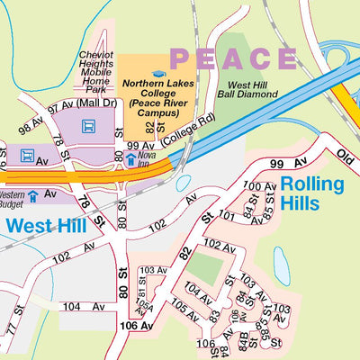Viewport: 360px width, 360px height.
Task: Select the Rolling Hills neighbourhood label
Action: (311, 193)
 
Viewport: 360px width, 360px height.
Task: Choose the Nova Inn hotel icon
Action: (130, 160)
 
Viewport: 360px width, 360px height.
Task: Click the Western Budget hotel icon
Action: (33, 195)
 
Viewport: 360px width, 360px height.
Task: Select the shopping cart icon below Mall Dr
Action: (88, 127)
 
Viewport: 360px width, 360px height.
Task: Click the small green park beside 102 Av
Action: (206, 267)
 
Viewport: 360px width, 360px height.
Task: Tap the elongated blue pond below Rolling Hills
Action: (282, 265)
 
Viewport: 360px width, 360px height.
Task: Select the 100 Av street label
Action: (262, 186)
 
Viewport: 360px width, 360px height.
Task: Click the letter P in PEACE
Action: (181, 59)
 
